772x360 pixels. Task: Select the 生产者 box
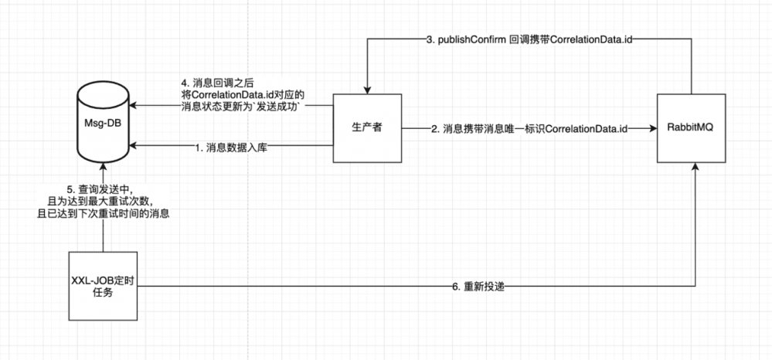[367, 128]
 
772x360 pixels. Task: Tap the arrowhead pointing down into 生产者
[367, 89]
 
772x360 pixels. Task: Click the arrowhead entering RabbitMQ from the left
[652, 128]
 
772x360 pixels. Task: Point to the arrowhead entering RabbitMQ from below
[695, 168]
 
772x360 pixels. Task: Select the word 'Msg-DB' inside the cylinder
[102, 122]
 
